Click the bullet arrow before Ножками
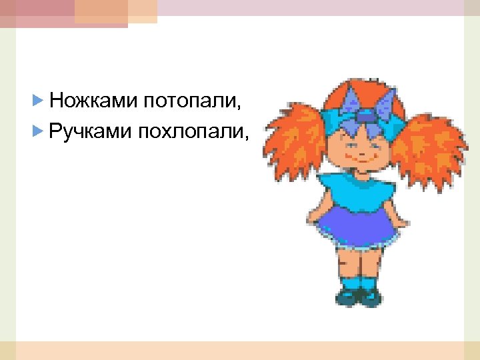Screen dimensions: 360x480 (x=37, y=101)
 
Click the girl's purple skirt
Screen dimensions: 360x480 (x=360, y=223)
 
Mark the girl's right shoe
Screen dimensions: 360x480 (x=369, y=297)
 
